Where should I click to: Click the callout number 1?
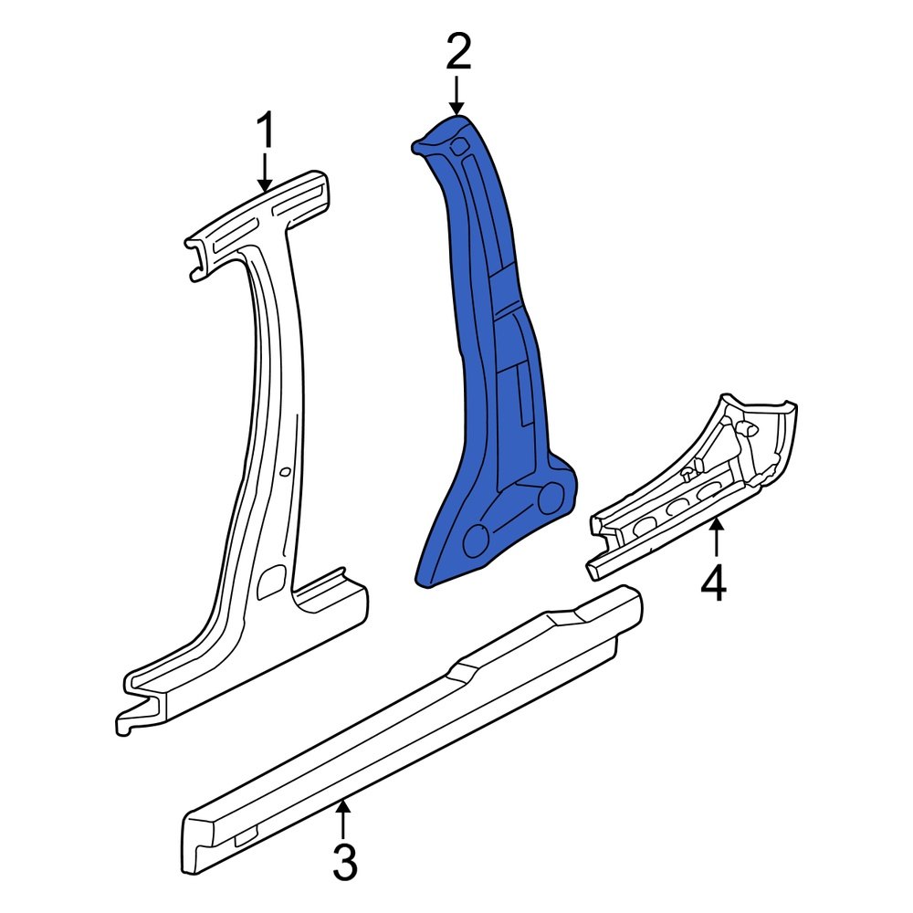[265, 131]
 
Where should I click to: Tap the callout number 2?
[458, 54]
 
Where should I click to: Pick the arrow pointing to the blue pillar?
[458, 95]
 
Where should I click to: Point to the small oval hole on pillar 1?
[286, 472]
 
